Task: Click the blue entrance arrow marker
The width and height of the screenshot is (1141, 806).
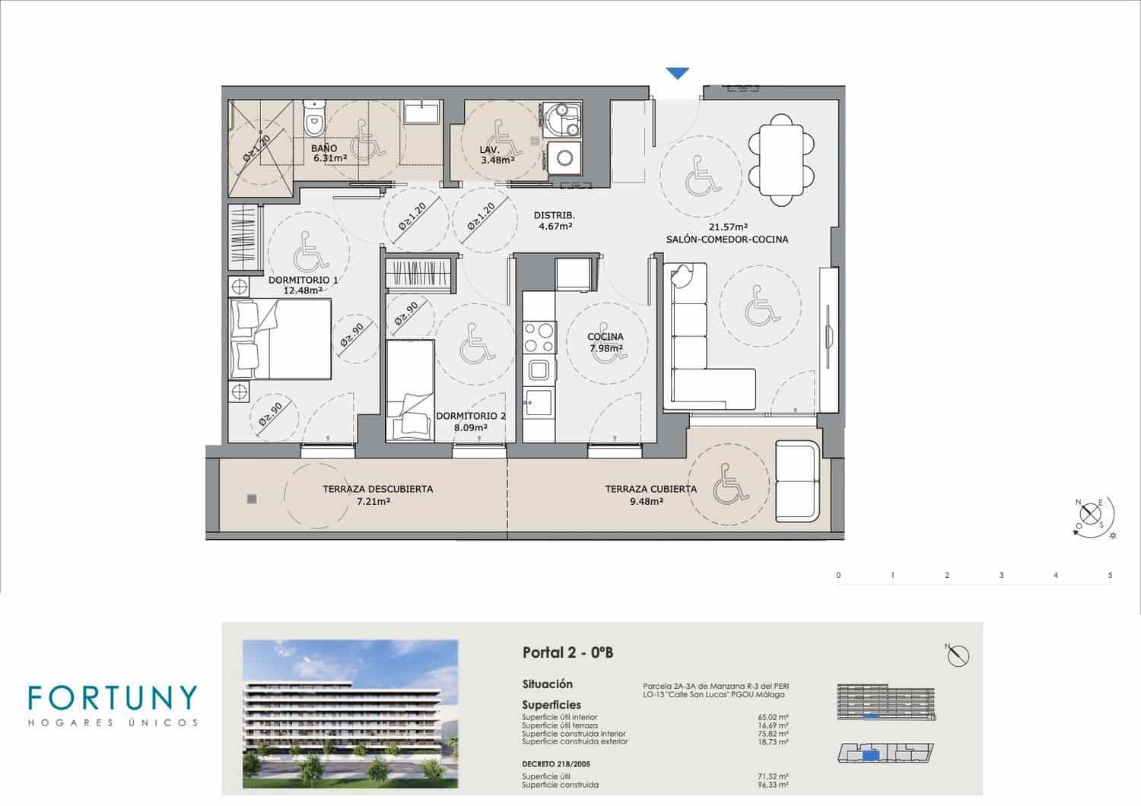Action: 677,74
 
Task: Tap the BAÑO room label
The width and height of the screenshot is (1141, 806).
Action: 324,148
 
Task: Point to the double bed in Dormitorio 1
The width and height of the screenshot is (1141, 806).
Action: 281,339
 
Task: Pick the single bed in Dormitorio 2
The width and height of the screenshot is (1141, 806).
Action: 410,390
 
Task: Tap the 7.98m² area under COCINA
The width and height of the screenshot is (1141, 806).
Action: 605,349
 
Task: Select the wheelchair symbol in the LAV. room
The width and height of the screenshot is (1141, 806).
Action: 500,135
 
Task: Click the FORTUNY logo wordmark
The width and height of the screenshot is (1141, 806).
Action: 112,698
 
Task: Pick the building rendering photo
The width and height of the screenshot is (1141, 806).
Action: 350,713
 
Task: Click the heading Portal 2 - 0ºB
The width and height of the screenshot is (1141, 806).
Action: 567,652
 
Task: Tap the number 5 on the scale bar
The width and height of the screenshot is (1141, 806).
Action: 1110,576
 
